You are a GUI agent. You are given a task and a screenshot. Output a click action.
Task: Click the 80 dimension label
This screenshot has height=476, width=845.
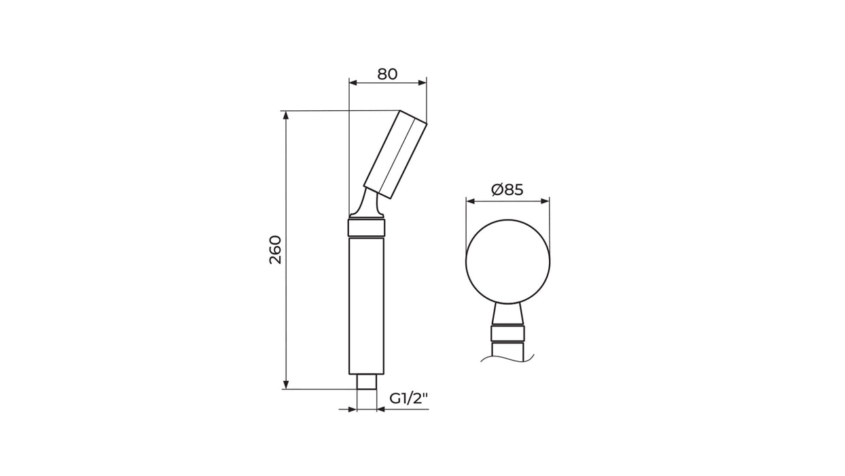coord(387,74)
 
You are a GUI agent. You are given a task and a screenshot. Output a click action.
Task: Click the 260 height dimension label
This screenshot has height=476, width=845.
coord(276,250)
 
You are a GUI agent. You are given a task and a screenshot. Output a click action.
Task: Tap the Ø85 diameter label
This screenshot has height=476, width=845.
coord(507,189)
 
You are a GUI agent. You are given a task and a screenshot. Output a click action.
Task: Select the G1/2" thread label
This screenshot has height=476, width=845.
coord(409,398)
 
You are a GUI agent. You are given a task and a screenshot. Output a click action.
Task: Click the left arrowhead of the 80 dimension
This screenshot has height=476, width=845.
coord(353,83)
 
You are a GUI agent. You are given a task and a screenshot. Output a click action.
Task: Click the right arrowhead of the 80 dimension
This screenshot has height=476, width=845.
coord(422,83)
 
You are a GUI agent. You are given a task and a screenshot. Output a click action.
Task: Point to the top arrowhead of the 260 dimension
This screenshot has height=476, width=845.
coord(286,115)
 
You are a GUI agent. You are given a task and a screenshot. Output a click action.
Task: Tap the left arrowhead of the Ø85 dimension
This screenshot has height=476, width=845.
coord(471,201)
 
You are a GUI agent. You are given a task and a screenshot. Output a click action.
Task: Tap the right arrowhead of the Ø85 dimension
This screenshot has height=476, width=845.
coord(545,201)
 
